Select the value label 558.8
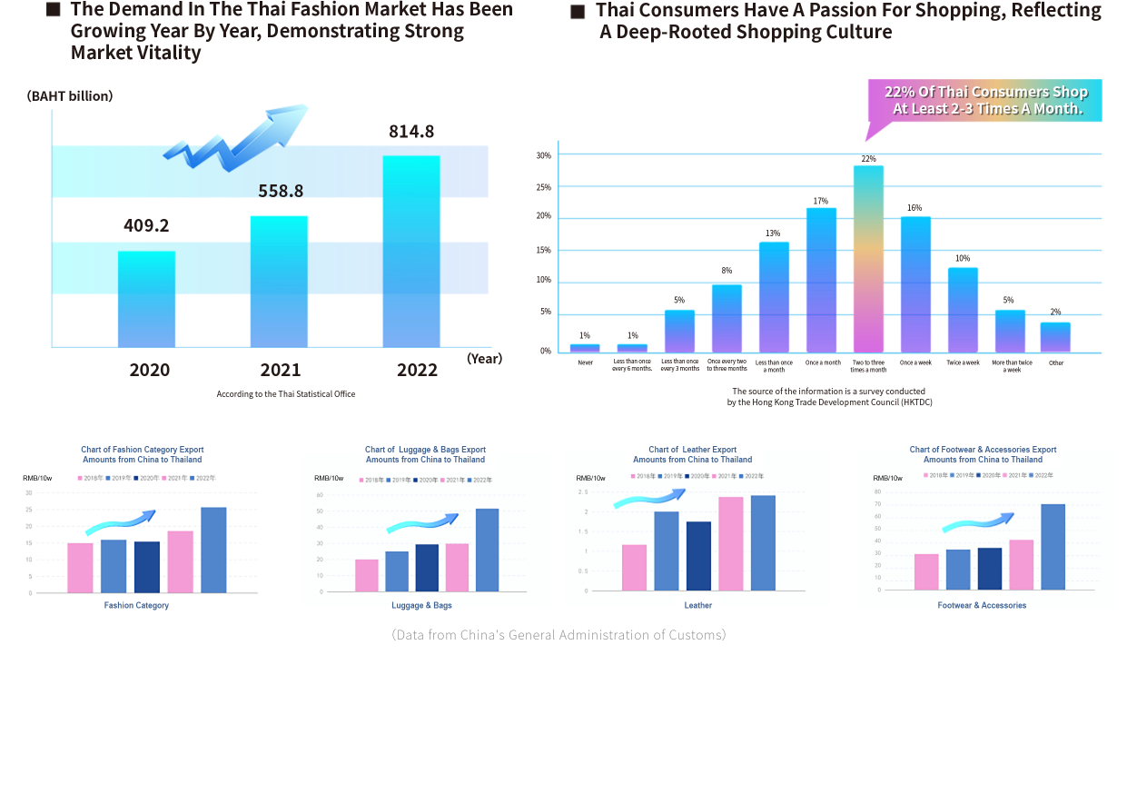[x=280, y=191]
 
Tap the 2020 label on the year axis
[x=149, y=370]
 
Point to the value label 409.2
[x=146, y=225]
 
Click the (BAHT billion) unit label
[x=70, y=95]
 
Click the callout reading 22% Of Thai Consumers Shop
[x=985, y=101]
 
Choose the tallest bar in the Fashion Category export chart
[x=213, y=550]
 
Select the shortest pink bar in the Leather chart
[x=634, y=568]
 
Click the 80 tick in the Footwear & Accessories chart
[x=878, y=492]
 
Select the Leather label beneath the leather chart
[x=697, y=605]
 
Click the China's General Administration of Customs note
[x=559, y=634]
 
